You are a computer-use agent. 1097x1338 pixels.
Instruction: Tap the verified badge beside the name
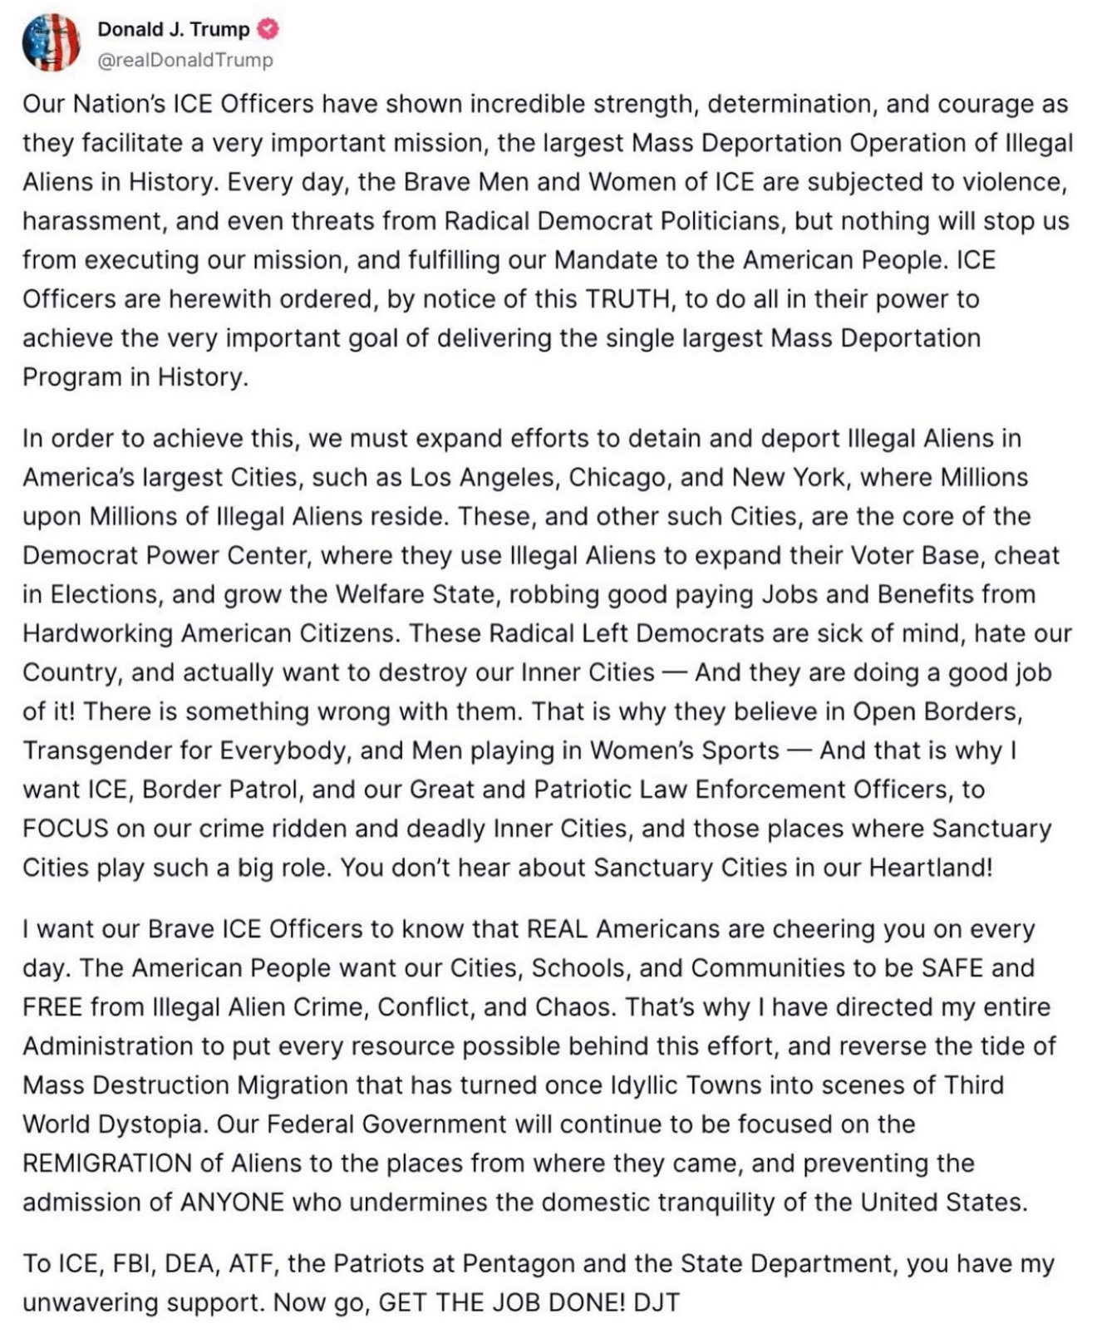pos(268,29)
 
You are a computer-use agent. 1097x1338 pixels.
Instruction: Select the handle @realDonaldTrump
pos(185,60)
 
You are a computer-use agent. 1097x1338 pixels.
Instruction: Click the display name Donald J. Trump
pos(174,29)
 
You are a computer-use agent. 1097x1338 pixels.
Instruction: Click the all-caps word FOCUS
pos(66,829)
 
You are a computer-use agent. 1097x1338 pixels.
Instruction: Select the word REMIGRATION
pos(107,1163)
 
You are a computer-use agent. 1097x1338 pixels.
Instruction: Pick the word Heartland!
pos(931,868)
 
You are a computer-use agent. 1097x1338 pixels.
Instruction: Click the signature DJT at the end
pos(657,1302)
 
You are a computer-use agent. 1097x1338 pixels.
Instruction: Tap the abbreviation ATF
pos(245,1263)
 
